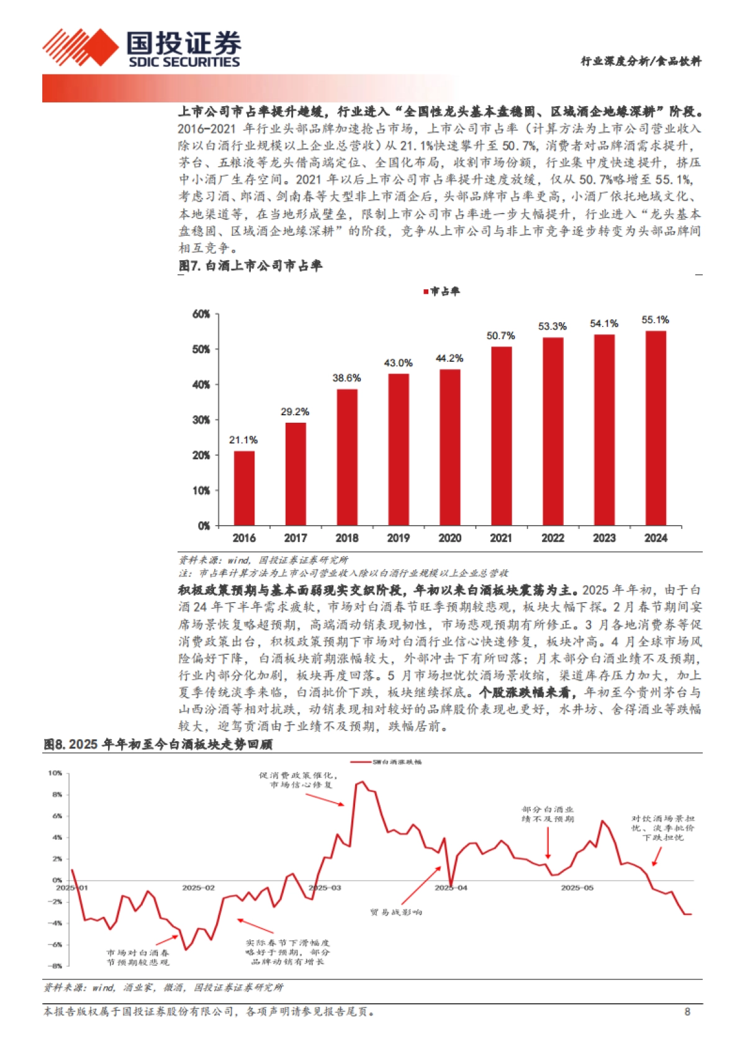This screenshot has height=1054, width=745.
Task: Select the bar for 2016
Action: tap(244, 488)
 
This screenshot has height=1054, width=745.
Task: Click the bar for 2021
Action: tap(501, 436)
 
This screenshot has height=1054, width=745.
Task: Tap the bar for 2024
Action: tap(656, 428)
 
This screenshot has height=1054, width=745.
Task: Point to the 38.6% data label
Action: tap(346, 377)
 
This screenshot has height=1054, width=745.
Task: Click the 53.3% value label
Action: tap(552, 326)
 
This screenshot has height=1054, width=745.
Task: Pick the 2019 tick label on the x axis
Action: tap(398, 538)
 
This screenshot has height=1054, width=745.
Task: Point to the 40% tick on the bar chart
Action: tap(201, 385)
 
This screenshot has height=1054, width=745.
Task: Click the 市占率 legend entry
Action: tap(441, 291)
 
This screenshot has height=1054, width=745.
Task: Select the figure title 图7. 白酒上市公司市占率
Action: tap(250, 266)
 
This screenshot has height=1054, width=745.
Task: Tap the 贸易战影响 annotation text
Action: tap(396, 912)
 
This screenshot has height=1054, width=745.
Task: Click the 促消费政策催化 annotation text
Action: tap(299, 780)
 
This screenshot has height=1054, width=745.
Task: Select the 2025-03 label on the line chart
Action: tap(325, 888)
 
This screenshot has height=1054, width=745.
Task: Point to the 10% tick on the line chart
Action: tap(55, 773)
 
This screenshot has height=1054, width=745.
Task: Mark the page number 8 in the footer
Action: tap(687, 1012)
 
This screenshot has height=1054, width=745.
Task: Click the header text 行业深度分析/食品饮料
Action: tap(641, 61)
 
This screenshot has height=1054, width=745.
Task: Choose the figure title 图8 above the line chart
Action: tap(158, 744)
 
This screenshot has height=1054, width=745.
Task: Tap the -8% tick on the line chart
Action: tap(55, 966)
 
